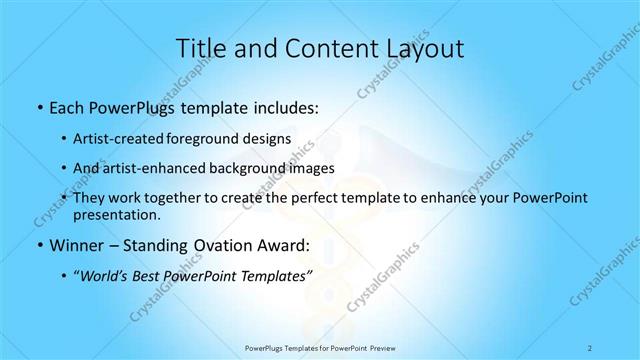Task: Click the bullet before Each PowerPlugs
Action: [38, 106]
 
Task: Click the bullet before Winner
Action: [38, 244]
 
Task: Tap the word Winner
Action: [75, 244]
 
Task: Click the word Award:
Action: [280, 244]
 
